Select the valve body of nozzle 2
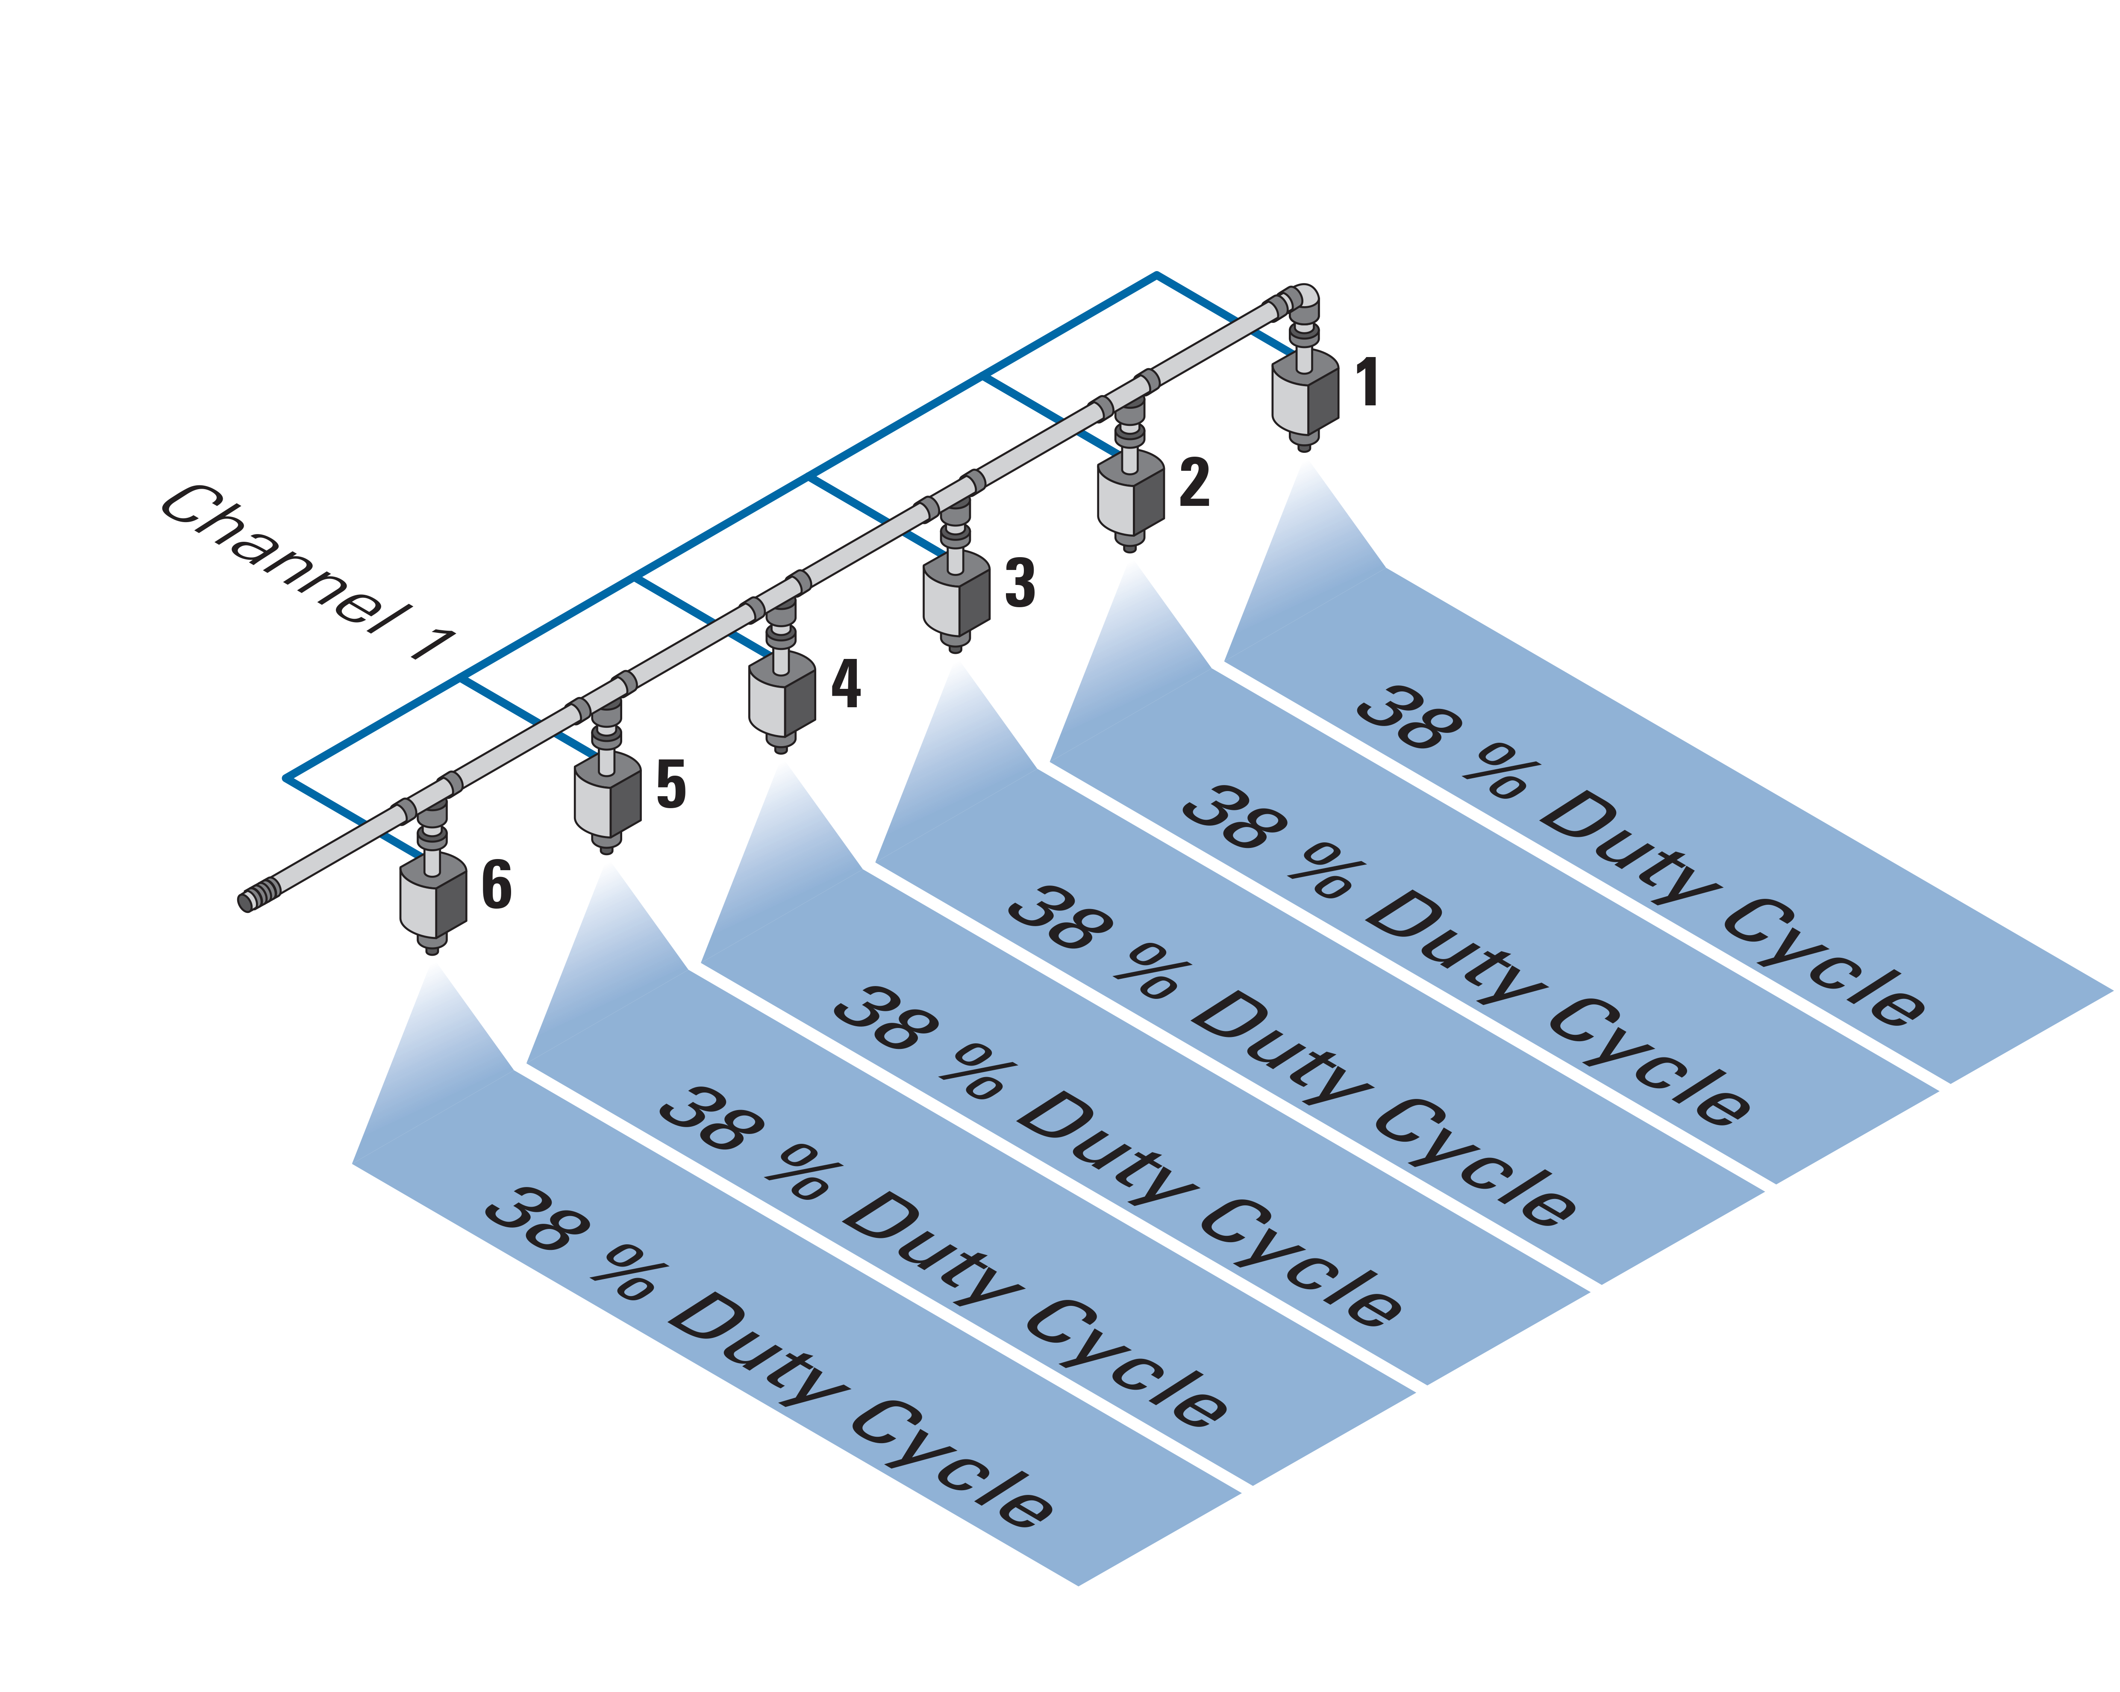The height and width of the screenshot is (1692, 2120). click(1131, 495)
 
